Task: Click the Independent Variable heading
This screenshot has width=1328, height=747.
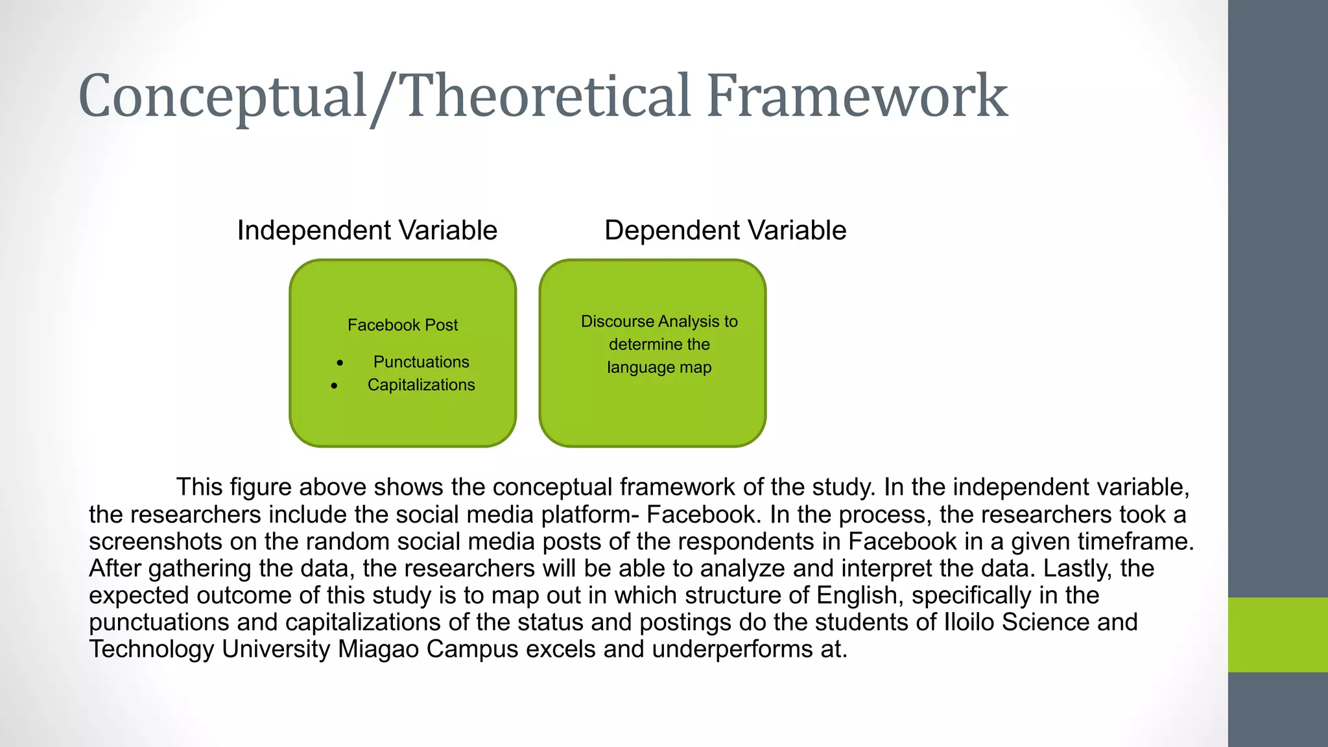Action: point(367,231)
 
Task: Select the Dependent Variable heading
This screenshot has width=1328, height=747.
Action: point(725,231)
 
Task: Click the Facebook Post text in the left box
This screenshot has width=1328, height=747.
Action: point(403,325)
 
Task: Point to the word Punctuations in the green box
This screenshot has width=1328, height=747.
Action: point(421,362)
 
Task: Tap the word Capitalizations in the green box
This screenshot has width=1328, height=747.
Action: point(421,385)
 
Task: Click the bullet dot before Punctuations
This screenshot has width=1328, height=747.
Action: point(340,363)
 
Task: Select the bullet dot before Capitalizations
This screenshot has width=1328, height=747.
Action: point(334,386)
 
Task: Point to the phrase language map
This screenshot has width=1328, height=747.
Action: point(659,368)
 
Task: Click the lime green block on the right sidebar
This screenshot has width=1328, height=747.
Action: point(1277,635)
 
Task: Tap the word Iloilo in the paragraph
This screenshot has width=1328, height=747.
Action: point(969,622)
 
